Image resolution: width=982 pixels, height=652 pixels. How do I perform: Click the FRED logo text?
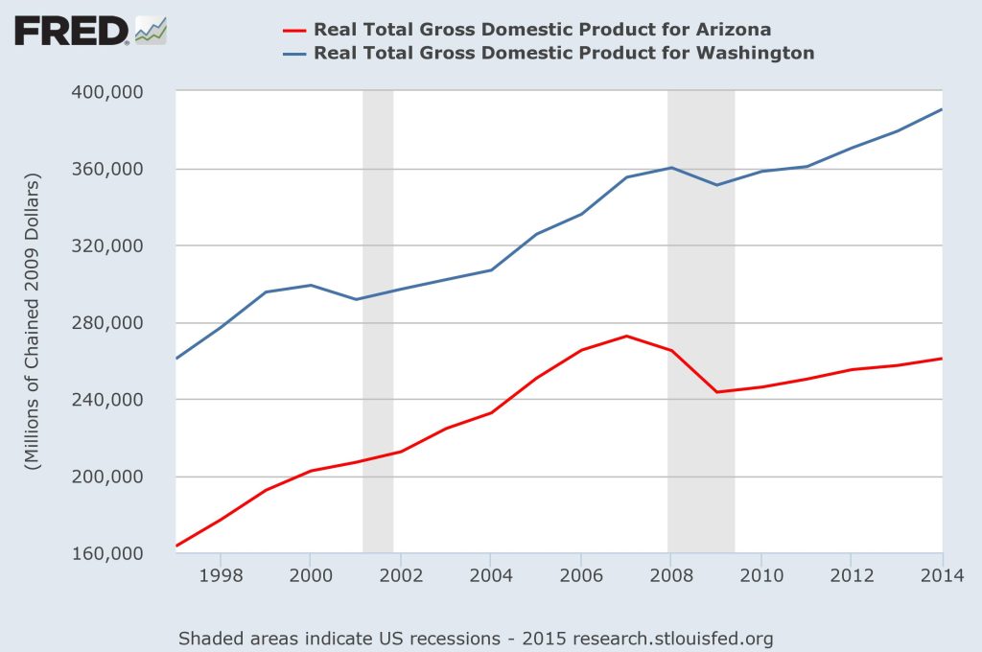pyautogui.click(x=71, y=31)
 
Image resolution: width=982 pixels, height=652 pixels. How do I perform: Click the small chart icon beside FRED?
pyautogui.click(x=151, y=31)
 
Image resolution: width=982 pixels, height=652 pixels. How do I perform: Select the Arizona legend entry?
pyautogui.click(x=542, y=29)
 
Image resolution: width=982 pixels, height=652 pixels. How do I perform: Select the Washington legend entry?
pyautogui.click(x=564, y=53)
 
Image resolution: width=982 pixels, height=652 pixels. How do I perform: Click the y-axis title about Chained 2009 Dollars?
pyautogui.click(x=35, y=322)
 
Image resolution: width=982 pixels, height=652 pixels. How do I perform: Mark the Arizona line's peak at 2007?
pyautogui.click(x=626, y=336)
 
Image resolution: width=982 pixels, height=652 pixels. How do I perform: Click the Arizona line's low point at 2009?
pyautogui.click(x=716, y=391)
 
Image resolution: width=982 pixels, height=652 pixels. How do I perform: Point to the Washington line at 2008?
pyautogui.click(x=671, y=168)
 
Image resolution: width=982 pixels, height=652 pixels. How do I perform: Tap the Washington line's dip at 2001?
pyautogui.click(x=356, y=299)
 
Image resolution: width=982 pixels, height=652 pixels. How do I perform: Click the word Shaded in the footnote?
pyautogui.click(x=208, y=638)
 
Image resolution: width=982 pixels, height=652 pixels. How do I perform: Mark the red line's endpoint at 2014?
pyautogui.click(x=942, y=359)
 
